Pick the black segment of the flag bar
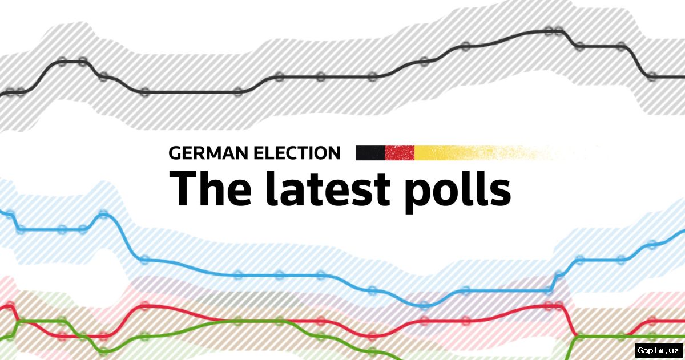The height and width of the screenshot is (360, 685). click(x=370, y=153)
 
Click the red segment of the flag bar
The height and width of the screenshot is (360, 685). click(x=400, y=153)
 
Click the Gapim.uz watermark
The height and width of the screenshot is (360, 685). click(x=658, y=349)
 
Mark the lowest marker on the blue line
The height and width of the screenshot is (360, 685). click(x=424, y=305)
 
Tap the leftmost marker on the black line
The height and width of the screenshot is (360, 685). click(x=9, y=92)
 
